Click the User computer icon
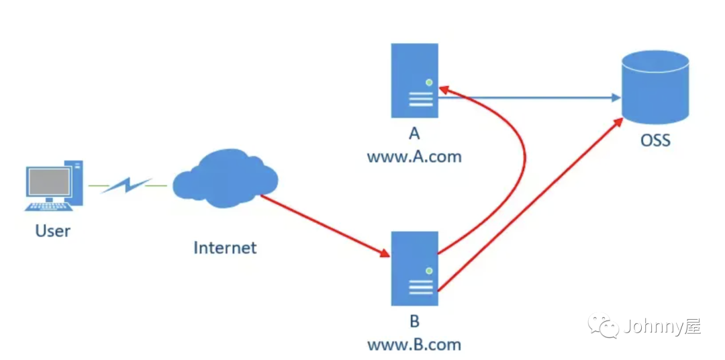click(54, 185)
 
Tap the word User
click(53, 231)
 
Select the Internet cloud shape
click(225, 178)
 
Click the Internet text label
click(225, 247)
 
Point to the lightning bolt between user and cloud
click(127, 185)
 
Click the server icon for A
click(415, 81)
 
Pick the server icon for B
click(415, 269)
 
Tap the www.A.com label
click(414, 157)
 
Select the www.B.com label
click(414, 345)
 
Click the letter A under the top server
click(414, 134)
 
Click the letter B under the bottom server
click(414, 321)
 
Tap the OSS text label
click(655, 141)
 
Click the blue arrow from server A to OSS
click(530, 98)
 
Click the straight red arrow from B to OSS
click(530, 205)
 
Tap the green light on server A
click(428, 83)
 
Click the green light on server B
click(428, 270)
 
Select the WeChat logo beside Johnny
click(604, 327)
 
